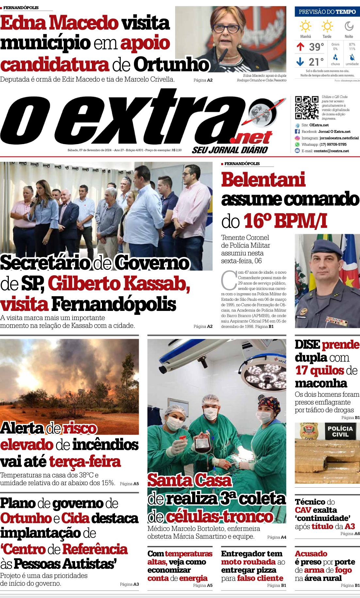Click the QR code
click(306, 108)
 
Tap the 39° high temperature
click(317, 47)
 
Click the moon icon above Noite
click(349, 26)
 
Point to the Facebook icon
click(297, 132)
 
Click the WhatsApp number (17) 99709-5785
click(333, 144)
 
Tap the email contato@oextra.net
click(331, 151)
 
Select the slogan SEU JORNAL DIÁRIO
click(230, 150)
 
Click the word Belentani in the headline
click(263, 180)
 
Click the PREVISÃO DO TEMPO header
click(327, 12)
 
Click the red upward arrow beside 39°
click(301, 47)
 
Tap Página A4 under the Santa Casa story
click(277, 537)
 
